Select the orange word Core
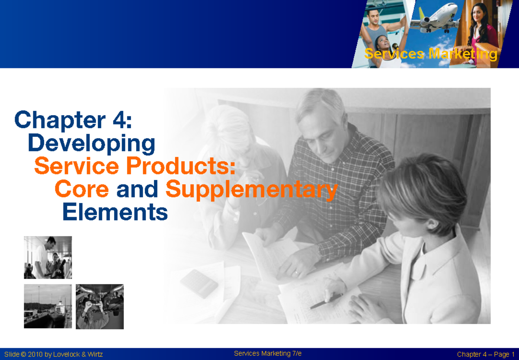(x=82, y=189)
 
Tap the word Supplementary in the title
(x=251, y=189)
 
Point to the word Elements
(x=115, y=212)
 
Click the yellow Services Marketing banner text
(x=431, y=54)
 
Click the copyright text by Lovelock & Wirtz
(x=54, y=354)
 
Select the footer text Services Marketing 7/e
(x=268, y=354)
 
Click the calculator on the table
(x=199, y=283)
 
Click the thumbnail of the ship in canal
(x=48, y=306)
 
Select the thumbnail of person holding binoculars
(x=99, y=306)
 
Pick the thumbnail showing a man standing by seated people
(x=48, y=257)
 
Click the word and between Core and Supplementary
(x=137, y=189)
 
